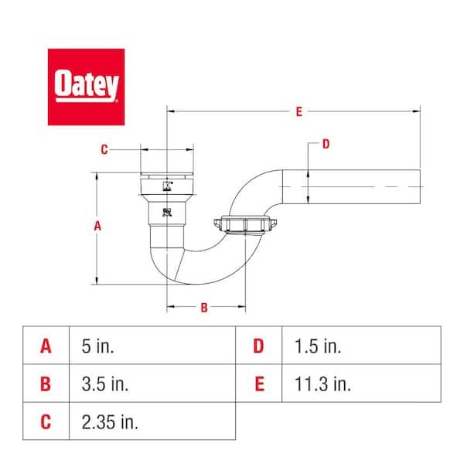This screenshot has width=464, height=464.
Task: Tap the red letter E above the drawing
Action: [x=298, y=112]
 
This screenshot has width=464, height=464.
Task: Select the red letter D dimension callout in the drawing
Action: [x=326, y=143]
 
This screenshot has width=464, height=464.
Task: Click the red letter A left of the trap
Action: [x=97, y=227]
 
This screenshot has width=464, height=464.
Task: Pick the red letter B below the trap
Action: [x=204, y=307]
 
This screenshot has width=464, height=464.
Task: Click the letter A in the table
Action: [x=46, y=346]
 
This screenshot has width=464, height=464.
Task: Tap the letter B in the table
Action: [x=46, y=384]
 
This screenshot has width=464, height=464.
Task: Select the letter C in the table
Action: [x=46, y=421]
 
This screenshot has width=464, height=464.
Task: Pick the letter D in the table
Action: [x=258, y=346]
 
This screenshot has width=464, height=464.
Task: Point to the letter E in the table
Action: [x=258, y=384]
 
